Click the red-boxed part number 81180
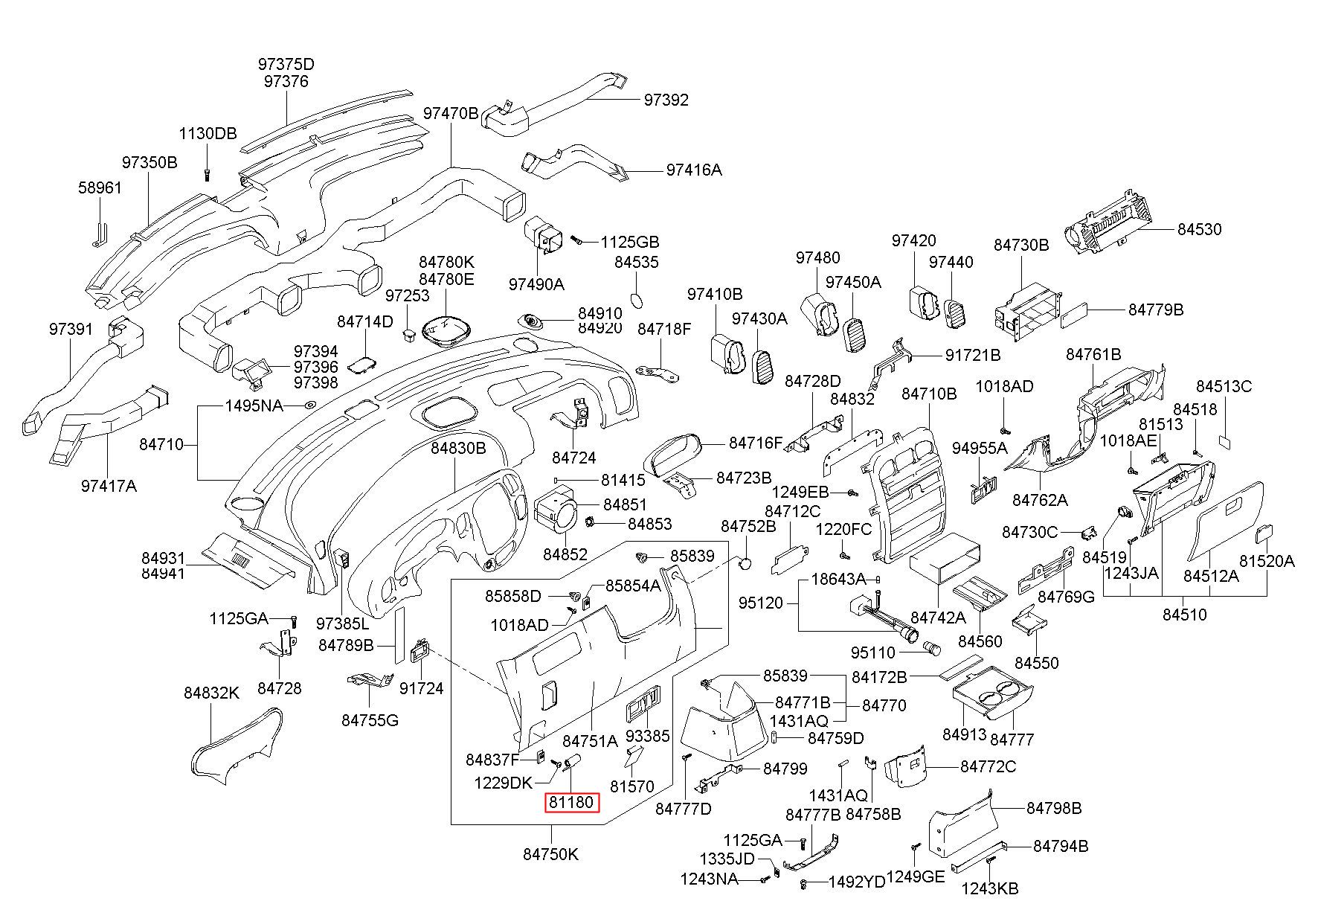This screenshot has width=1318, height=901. pos(571,803)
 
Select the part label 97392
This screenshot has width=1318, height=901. pos(666,100)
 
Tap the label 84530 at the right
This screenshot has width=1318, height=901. pos(1199,229)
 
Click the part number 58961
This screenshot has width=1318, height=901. pos(100,187)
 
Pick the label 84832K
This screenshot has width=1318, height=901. pos(211,693)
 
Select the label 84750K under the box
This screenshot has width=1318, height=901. pos(550,854)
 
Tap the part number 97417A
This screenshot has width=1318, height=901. pos(109,486)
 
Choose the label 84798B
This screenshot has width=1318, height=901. pos(1054,808)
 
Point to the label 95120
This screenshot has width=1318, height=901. pos(761,603)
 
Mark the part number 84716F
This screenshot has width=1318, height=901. pos(756,443)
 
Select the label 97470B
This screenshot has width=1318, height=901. pos(451,113)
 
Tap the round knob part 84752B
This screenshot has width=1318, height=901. pos(744,564)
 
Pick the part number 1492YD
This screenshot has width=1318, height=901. pos(858,882)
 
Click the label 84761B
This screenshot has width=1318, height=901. pos(1093,354)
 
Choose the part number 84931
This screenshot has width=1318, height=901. pos(163,558)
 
